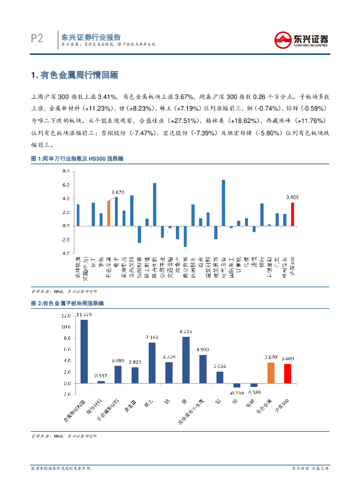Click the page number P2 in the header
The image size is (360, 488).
(x=36, y=39)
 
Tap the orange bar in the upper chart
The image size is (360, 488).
(x=109, y=213)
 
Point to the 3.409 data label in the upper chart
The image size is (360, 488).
(x=292, y=196)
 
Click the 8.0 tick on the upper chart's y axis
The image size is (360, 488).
(x=67, y=171)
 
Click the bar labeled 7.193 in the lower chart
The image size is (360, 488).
(x=152, y=363)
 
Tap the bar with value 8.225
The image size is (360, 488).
(x=186, y=360)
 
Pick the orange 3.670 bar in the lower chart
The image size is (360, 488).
(x=271, y=373)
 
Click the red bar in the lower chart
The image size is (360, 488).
(x=288, y=374)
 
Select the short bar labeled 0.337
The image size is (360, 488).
(x=101, y=382)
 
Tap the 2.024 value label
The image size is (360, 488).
(x=220, y=366)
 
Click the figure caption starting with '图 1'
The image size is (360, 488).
(x=77, y=158)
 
